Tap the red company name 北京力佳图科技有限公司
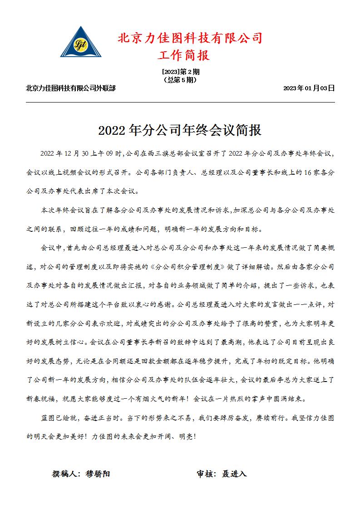[190, 38]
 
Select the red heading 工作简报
[183, 56]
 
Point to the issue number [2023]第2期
[180, 72]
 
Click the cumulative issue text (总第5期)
[180, 79]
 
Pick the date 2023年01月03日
[309, 88]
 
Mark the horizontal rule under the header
[180, 103]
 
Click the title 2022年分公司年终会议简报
[180, 131]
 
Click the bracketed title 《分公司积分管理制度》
[187, 267]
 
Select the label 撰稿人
[66, 474]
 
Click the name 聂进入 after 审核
[234, 474]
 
